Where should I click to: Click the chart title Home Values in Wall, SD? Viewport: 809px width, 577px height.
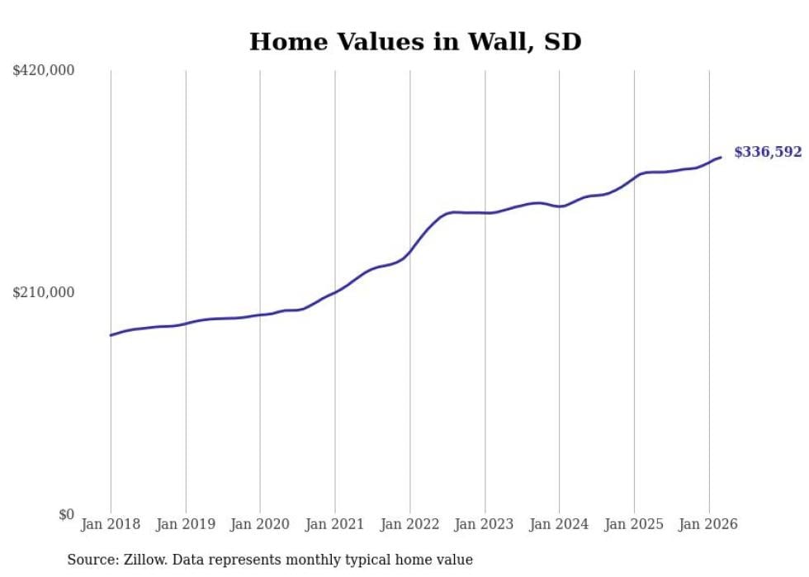[415, 41]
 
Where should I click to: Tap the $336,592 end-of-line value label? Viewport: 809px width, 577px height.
[767, 152]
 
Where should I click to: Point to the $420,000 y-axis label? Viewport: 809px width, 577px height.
[44, 70]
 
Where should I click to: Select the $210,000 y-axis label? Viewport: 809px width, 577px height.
[44, 292]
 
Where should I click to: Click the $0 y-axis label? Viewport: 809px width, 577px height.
[66, 514]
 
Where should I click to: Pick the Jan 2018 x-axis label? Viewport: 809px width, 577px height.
[111, 524]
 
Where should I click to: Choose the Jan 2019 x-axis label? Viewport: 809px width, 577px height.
[186, 524]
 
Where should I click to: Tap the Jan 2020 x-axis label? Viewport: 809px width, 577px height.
[260, 524]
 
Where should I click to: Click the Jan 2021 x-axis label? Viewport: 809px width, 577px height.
[335, 524]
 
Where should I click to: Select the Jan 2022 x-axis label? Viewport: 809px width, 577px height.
[409, 524]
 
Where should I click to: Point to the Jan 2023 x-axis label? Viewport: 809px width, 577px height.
[485, 524]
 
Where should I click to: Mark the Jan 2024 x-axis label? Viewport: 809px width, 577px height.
[559, 524]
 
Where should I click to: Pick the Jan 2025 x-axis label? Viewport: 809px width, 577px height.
[634, 524]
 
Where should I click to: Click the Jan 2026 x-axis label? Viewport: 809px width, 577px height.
[708, 524]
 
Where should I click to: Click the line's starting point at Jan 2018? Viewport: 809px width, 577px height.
[111, 335]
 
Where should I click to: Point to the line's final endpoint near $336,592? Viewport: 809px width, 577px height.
[721, 157]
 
